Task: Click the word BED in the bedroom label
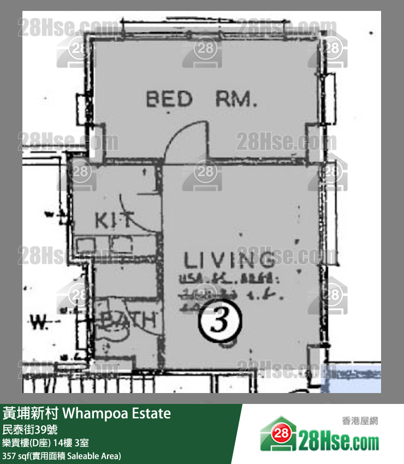click(x=169, y=99)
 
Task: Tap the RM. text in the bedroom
click(x=236, y=99)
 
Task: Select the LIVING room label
click(x=229, y=261)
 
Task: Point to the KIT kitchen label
click(x=114, y=220)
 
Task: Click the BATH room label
click(x=130, y=320)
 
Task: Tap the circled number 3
click(x=219, y=322)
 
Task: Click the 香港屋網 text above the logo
click(x=360, y=421)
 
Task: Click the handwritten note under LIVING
click(x=229, y=287)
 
